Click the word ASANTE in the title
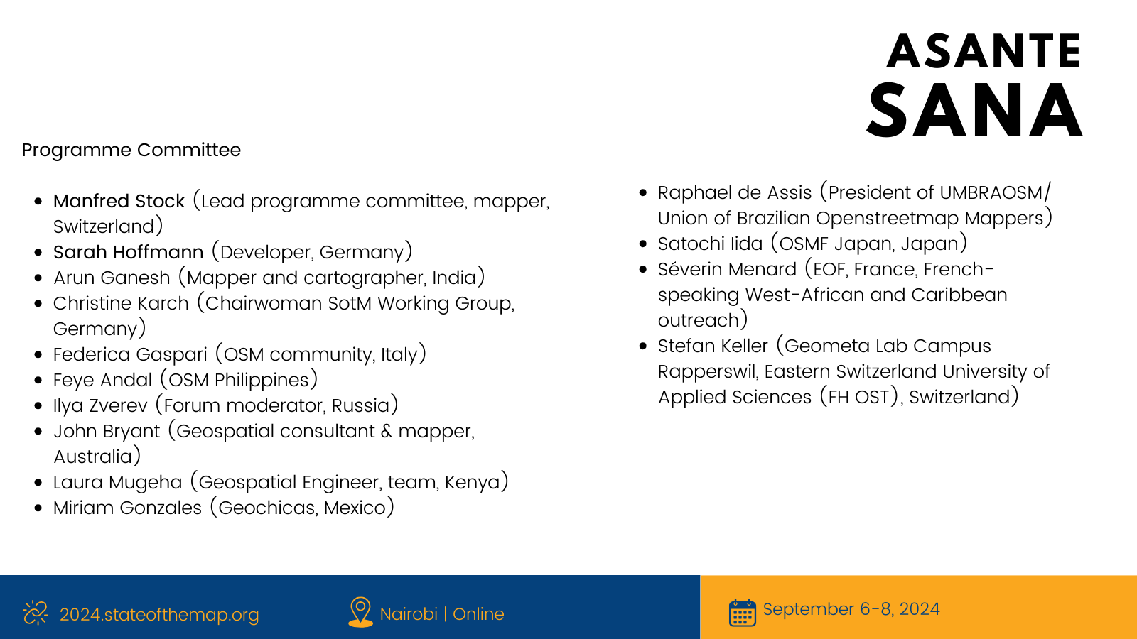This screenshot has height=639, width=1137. point(984,50)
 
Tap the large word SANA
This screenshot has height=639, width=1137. point(975,111)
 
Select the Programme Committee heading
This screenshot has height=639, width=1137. point(131,150)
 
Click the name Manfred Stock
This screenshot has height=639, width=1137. point(119,202)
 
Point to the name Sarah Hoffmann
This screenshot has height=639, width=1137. point(129,252)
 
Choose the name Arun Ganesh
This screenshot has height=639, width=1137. point(112,278)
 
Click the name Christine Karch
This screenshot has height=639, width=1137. point(121,303)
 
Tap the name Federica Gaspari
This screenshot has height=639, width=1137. point(131,354)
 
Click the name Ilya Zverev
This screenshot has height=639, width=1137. point(100,405)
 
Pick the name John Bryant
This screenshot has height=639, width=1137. point(107,431)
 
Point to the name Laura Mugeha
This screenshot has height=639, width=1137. point(118,482)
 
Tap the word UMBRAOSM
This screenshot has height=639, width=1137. point(991,192)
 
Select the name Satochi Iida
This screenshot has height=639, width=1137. point(710,244)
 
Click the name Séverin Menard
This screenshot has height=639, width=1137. point(728,269)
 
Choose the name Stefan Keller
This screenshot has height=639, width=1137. point(713,346)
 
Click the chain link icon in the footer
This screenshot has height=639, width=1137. point(36,613)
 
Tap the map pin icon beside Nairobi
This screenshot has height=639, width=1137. point(360,612)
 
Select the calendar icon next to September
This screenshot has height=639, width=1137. point(743,612)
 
